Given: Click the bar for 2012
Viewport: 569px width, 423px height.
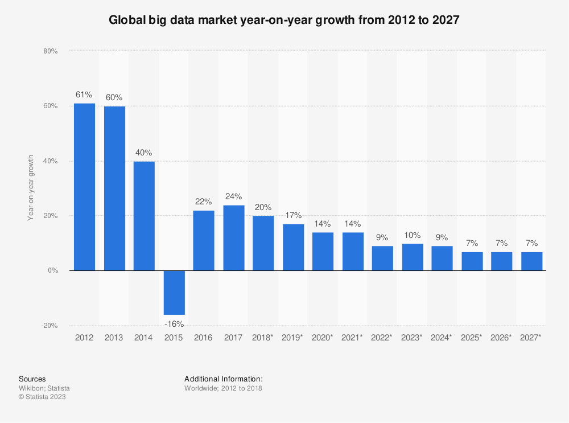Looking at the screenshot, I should [84, 187].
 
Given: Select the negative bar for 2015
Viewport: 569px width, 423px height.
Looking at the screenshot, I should [174, 293].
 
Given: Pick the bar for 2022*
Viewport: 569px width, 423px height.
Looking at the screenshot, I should [382, 258].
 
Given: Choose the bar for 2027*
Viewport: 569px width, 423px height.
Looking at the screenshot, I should [531, 261].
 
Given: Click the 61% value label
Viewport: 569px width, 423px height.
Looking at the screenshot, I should [84, 94].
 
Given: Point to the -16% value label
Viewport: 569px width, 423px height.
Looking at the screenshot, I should [174, 324].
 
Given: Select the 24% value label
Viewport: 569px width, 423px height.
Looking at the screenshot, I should [233, 196].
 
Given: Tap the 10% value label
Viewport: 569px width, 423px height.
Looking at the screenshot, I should [413, 235].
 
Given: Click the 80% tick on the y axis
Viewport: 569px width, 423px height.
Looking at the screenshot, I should [50, 51].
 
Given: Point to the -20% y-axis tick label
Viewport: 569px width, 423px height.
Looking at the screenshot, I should [50, 326].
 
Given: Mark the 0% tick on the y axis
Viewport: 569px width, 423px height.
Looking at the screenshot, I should [52, 270].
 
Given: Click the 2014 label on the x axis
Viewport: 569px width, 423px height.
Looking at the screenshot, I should [144, 338].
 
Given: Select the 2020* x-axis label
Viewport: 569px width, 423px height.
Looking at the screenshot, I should [323, 338].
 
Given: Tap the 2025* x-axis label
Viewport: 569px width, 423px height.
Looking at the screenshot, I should [472, 338].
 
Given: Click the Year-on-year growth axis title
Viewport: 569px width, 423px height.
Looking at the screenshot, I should [31, 188].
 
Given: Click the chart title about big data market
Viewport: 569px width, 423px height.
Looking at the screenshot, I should [284, 19].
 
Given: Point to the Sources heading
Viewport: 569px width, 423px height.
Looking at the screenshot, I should [32, 379].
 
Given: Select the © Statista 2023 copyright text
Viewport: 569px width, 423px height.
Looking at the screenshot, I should [42, 397].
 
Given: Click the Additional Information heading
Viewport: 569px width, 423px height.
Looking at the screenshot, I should [224, 379].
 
